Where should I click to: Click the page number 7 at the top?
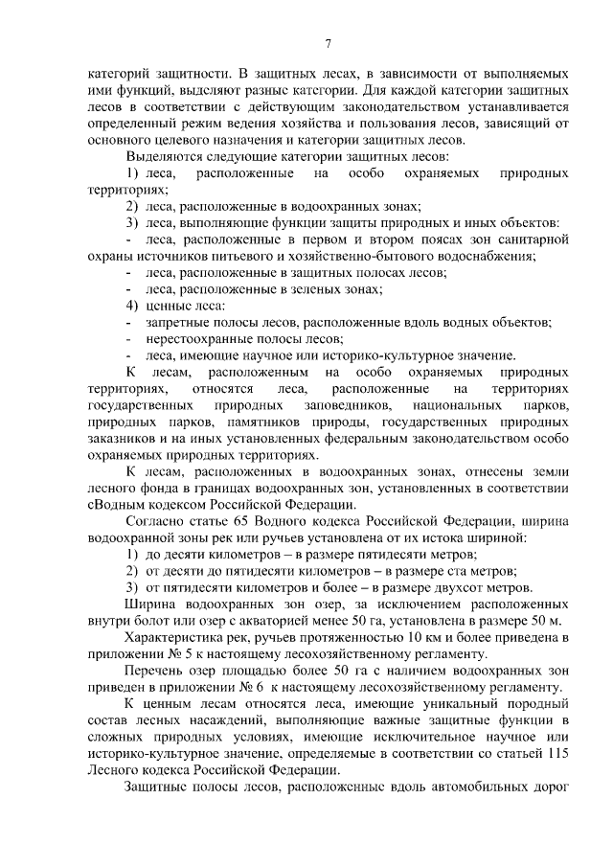click(x=328, y=43)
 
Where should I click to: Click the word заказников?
click(x=118, y=438)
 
